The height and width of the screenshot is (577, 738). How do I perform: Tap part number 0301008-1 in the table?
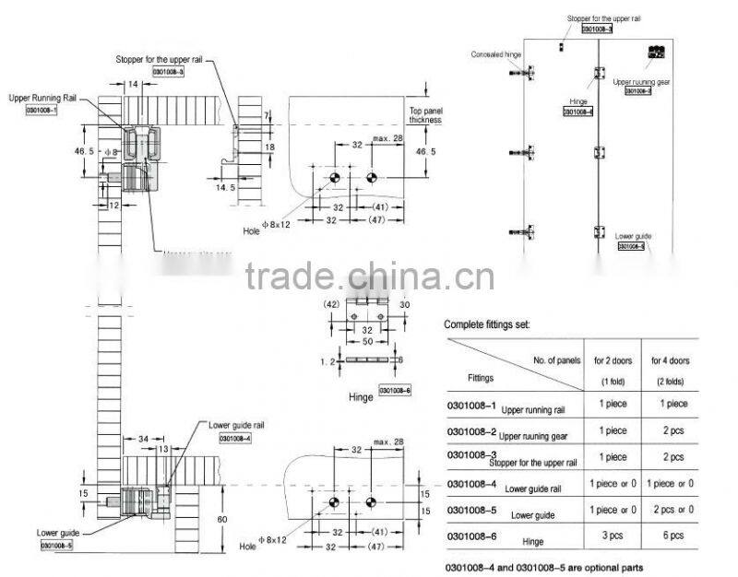click(x=470, y=405)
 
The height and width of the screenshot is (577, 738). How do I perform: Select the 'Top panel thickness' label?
click(x=426, y=115)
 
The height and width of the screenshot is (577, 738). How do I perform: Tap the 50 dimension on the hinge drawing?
click(x=367, y=341)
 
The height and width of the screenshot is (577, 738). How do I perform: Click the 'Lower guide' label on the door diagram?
click(x=633, y=236)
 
